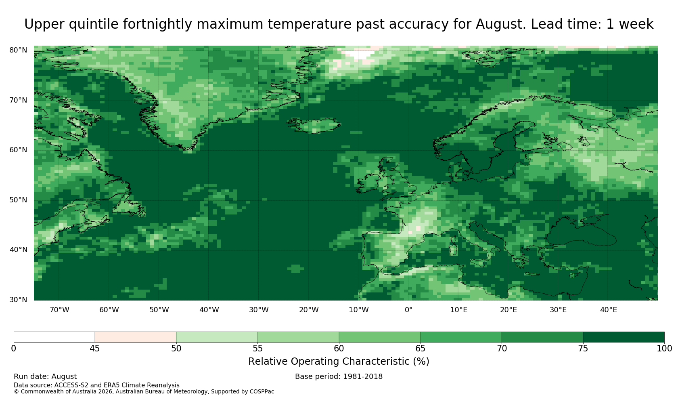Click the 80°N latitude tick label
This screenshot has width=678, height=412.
[x=18, y=50]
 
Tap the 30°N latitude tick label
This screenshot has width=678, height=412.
[x=18, y=300]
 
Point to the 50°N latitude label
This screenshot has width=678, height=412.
[x=18, y=200]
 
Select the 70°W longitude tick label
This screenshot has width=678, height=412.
[x=59, y=310]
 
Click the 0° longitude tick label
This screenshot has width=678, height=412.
[x=408, y=310]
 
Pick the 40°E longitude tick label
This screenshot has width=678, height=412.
[x=609, y=310]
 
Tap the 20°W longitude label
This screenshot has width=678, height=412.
[x=309, y=310]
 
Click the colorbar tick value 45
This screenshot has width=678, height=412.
[x=95, y=349]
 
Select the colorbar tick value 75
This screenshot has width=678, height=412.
[x=583, y=349]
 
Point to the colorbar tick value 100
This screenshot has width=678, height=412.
[x=664, y=349]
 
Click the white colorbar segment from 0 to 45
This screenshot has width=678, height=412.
[x=54, y=337]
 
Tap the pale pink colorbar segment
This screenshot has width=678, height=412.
[x=136, y=337]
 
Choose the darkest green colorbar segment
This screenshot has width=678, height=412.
[x=624, y=337]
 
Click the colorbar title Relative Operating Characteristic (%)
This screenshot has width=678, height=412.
[x=339, y=362]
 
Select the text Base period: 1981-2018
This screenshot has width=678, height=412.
[x=339, y=376]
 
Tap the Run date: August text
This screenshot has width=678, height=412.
[x=45, y=376]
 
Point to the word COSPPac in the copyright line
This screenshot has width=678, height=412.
[x=262, y=392]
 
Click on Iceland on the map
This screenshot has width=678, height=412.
[x=315, y=125]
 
